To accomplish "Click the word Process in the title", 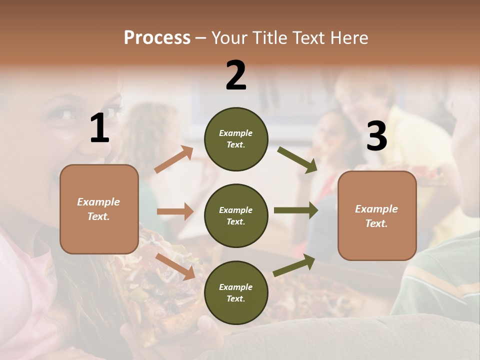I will point(157,38).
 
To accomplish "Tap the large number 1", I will point(99,128).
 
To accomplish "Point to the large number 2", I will point(236,75).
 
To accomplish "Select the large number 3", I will point(376,136).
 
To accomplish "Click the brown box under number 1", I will point(99,209).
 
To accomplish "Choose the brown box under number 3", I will point(377,216).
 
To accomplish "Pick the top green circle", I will point(236,139).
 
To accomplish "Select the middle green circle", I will point(236,216).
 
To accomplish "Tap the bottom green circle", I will point(236,293).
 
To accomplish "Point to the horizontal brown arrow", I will point(175,211).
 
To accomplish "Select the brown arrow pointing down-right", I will point(175,266).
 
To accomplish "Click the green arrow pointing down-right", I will point(297,159).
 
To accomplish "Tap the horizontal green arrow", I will point(295,210).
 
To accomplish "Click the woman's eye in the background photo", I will point(59,115).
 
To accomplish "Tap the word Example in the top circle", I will point(235,133).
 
